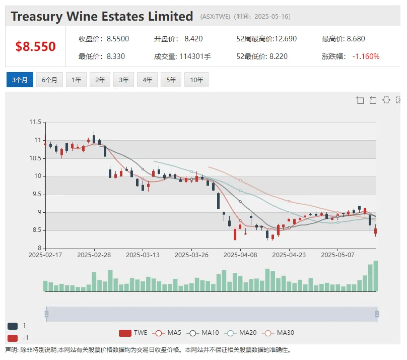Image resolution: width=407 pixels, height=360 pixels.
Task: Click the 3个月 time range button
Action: [x=20, y=80]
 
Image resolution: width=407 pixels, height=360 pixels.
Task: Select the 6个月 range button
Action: [x=49, y=80]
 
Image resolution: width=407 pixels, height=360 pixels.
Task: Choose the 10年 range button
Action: [x=196, y=80]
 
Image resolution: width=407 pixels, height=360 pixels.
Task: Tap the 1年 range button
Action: [x=76, y=80]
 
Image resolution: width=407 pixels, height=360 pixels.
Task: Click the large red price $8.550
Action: [x=35, y=47]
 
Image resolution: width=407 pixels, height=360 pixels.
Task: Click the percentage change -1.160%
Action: [x=366, y=56]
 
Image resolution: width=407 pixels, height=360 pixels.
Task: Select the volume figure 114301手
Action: [x=195, y=56]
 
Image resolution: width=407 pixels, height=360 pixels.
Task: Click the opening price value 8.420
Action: [x=193, y=39]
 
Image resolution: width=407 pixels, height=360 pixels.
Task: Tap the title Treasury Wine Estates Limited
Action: [x=102, y=17]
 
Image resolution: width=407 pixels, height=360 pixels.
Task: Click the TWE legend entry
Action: [x=133, y=333]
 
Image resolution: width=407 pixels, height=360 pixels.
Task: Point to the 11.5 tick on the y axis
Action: [x=35, y=122]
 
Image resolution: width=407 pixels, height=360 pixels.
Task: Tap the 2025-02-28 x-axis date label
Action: [x=94, y=255]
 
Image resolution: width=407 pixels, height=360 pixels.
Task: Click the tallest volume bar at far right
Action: [x=375, y=276]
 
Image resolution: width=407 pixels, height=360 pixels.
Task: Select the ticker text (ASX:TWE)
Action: [x=215, y=17]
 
